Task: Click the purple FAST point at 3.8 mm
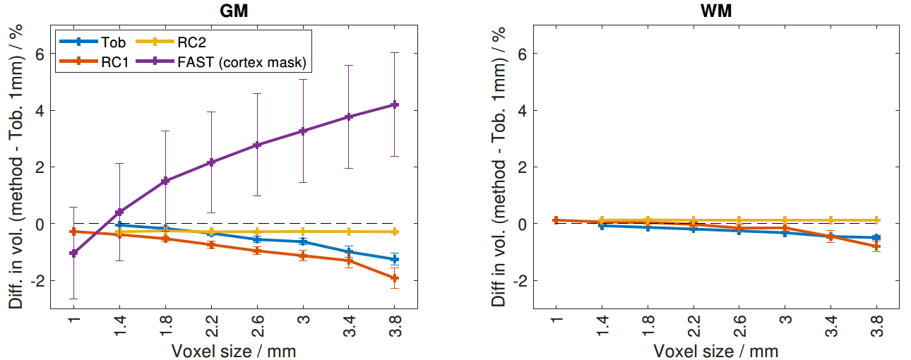click(395, 104)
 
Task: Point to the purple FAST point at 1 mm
click(73, 253)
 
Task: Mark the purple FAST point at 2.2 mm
click(211, 162)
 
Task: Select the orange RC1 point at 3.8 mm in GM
click(395, 278)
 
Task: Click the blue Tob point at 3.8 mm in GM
click(395, 259)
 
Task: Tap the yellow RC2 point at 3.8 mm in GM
click(395, 232)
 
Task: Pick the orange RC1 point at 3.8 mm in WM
click(876, 246)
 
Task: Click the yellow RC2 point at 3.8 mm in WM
click(876, 220)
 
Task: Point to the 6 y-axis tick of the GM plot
click(43, 54)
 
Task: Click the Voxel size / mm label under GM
click(233, 350)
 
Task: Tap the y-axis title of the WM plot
click(499, 167)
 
